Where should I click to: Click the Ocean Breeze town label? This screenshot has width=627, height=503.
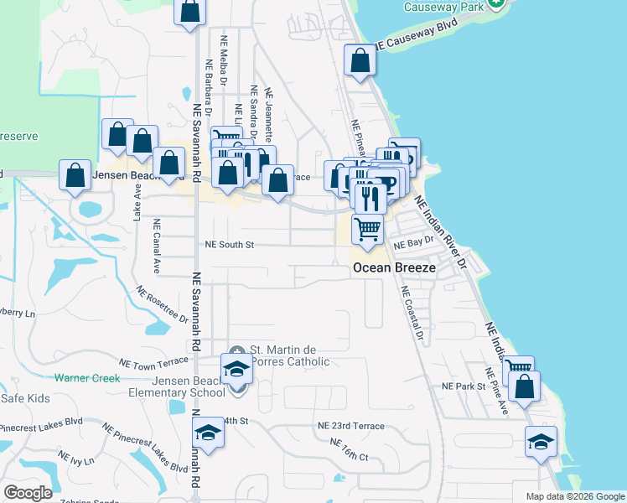tap(393, 267)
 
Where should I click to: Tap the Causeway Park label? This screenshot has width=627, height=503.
tap(444, 7)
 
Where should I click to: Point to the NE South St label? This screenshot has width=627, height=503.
tap(229, 245)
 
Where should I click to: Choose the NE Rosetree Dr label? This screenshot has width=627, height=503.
tap(163, 304)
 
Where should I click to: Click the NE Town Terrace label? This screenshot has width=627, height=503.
tap(154, 362)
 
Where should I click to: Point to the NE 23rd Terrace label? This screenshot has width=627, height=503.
tap(350, 426)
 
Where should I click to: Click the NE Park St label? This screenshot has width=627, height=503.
tap(464, 386)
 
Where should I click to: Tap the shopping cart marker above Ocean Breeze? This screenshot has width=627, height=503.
tap(367, 228)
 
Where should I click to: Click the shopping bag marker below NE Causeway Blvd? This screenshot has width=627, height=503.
tap(360, 61)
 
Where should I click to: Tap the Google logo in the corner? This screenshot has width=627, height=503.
tap(28, 493)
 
